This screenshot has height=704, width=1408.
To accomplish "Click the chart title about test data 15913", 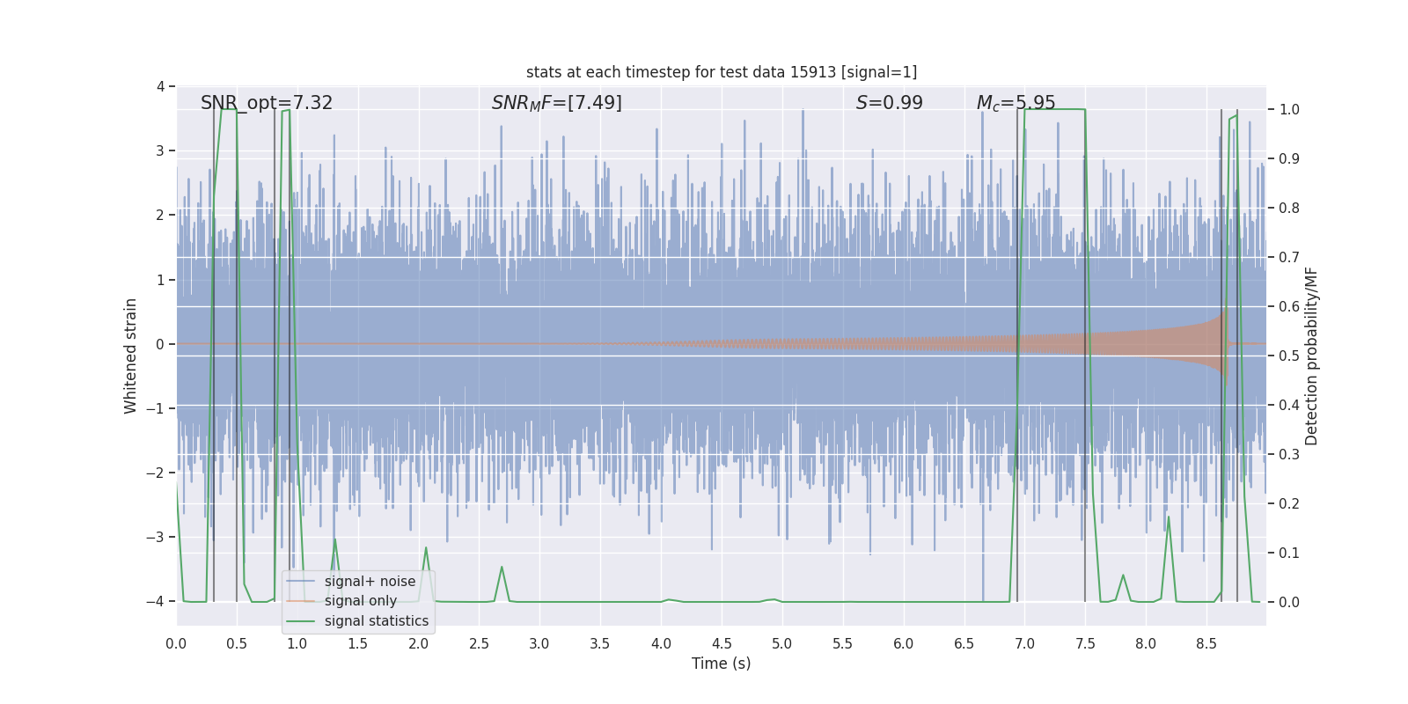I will (721, 72).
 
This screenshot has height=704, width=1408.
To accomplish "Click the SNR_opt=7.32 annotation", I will (267, 103).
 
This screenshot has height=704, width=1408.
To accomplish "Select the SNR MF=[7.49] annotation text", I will (556, 103).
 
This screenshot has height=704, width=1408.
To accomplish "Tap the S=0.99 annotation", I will (889, 103).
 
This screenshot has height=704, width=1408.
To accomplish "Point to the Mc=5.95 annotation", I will (1016, 103).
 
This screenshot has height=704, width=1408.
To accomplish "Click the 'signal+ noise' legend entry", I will (369, 582).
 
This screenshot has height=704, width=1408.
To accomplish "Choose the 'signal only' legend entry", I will (360, 601).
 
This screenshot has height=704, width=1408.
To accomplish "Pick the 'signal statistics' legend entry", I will (376, 621).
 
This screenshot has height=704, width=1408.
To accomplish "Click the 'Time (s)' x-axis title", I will (721, 664).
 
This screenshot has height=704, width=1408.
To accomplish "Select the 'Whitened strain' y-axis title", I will (130, 356).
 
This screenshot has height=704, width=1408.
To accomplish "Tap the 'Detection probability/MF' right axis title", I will (1311, 356).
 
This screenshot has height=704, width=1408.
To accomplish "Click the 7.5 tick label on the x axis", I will (1085, 644).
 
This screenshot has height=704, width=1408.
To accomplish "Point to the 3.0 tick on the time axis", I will (539, 644).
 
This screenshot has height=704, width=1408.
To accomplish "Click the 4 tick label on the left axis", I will (160, 86).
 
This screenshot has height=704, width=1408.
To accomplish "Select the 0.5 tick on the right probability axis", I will (1289, 356).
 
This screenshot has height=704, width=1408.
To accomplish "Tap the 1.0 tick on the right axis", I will (1289, 110).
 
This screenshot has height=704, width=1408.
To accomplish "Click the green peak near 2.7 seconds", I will (502, 568).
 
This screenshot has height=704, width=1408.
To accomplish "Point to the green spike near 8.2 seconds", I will (1169, 517).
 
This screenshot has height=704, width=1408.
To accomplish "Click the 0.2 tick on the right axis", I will (1289, 503).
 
